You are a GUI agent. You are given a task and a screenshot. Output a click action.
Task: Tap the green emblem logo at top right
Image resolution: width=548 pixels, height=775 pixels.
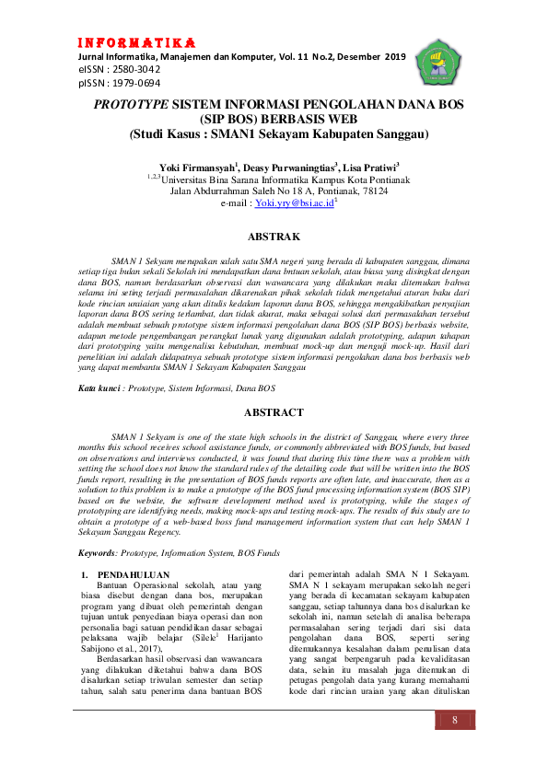[x=437, y=64]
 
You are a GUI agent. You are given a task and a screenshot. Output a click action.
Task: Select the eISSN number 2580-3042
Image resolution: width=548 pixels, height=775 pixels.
[x=133, y=69]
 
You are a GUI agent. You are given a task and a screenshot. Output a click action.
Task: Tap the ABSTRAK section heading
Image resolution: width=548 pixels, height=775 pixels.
[x=274, y=237]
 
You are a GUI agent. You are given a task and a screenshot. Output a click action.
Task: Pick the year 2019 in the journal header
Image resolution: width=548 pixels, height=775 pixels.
[x=391, y=56]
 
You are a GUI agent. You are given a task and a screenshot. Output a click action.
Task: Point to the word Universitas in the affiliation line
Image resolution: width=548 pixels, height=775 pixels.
[x=188, y=179]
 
